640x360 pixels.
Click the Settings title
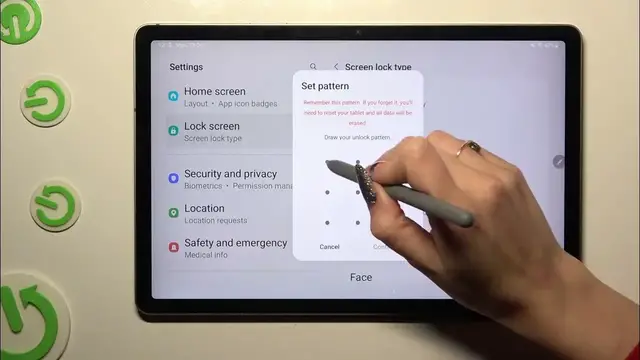point(186,67)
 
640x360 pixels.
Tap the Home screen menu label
point(214,92)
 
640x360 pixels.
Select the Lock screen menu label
point(211,127)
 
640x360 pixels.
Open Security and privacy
point(230,174)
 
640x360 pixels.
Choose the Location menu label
point(204,209)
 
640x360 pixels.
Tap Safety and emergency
point(235,243)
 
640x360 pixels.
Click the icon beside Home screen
point(173,96)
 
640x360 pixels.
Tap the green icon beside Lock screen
point(173,131)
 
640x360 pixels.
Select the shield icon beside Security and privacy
point(173,178)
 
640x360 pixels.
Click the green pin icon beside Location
point(173,213)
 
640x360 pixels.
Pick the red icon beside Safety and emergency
point(173,247)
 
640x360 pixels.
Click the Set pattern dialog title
point(325,86)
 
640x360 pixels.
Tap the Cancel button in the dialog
point(329,246)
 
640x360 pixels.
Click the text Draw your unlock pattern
point(357,137)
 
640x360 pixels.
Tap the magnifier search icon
point(313,67)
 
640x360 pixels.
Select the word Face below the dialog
point(361,277)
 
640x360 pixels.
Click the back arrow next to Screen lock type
point(336,67)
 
